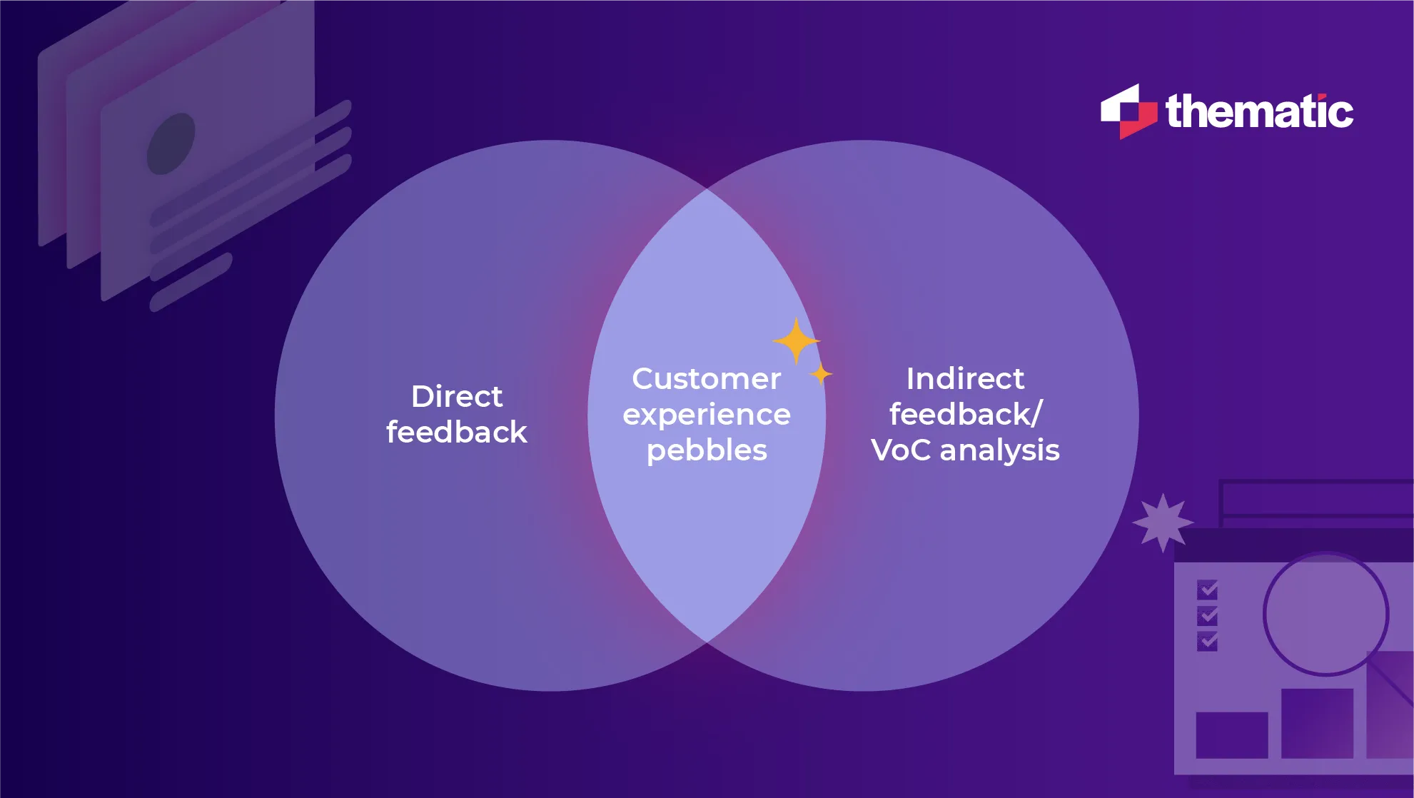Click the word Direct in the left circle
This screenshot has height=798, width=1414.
coord(457,396)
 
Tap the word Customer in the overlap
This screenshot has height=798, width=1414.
coord(706,378)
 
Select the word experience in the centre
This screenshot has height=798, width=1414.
coord(706,415)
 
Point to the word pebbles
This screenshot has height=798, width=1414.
coord(706,450)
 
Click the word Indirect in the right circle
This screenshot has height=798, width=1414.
coord(965,378)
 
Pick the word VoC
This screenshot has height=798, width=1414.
coord(901,450)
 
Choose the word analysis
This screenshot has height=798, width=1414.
coord(999,450)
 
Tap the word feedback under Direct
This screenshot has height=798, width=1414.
coord(457,433)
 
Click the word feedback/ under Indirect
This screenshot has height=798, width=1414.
coord(965,415)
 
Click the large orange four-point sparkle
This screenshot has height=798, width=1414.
coord(796,340)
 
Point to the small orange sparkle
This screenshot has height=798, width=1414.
coord(821,373)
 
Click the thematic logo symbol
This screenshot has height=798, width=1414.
coord(1128,111)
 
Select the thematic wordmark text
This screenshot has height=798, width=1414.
coord(1259,113)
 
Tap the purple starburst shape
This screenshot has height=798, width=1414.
coord(1163,522)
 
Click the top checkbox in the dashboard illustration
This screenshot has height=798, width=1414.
coord(1207,590)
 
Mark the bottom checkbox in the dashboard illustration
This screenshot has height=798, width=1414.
coord(1207,641)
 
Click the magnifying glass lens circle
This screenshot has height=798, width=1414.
coord(1325,613)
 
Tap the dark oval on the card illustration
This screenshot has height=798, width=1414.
coord(171,143)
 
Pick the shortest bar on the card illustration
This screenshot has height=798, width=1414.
coord(191,283)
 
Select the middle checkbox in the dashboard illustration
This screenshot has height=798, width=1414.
coord(1207,615)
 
